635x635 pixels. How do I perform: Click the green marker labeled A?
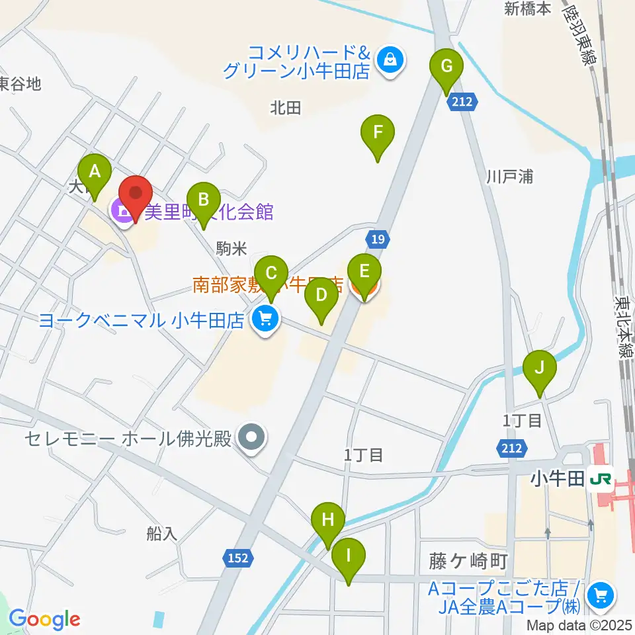95,173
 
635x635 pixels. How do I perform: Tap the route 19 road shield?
376,239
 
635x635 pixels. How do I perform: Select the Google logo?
44,620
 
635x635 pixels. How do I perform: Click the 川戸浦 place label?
509,177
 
